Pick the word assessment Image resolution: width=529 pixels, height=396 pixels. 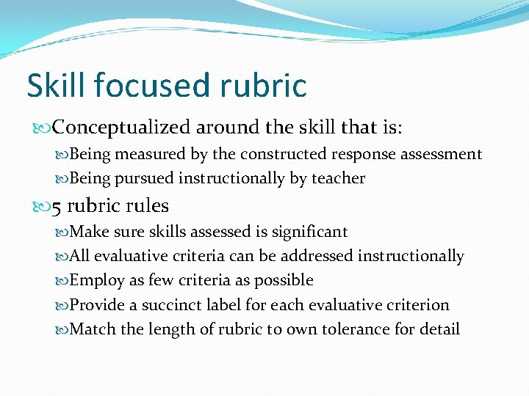(x=441, y=154)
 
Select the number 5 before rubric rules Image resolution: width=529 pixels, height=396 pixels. (x=57, y=206)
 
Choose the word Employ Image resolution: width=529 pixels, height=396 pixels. (x=93, y=280)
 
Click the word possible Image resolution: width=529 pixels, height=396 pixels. (x=283, y=280)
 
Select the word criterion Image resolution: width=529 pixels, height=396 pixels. (x=413, y=304)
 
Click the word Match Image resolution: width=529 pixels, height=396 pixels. (x=92, y=329)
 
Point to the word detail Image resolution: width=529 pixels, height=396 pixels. (x=440, y=329)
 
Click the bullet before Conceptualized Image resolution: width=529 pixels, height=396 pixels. (x=43, y=128)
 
